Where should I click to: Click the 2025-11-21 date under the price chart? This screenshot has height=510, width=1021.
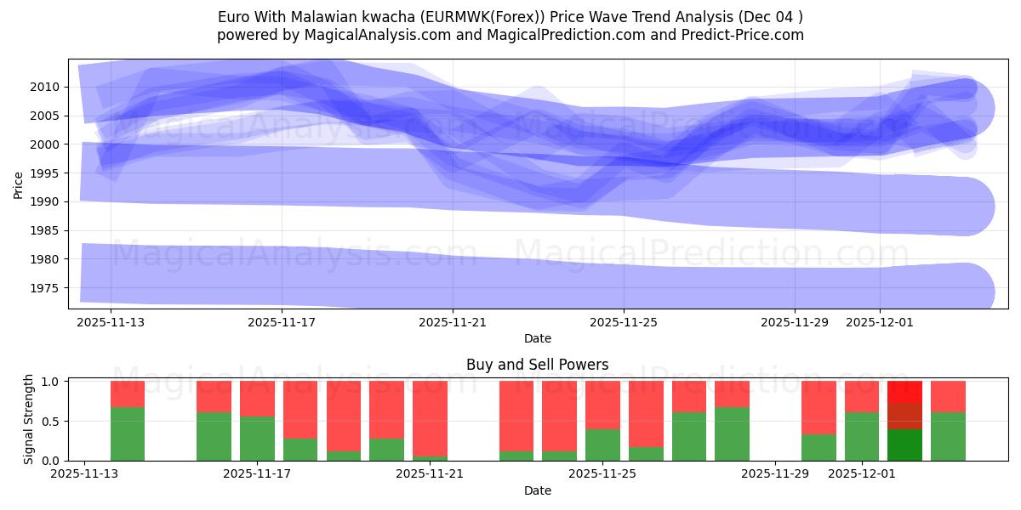453,322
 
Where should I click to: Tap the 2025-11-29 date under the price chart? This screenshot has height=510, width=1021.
794,322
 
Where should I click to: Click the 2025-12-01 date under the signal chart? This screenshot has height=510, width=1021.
862,474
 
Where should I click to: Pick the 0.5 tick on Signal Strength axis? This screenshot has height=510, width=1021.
50,421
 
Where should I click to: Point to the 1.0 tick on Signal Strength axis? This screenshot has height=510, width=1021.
50,382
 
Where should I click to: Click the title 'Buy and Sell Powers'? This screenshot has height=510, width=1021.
537,365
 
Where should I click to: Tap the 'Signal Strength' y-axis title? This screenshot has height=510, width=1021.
28,419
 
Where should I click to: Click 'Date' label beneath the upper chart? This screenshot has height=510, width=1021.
537,338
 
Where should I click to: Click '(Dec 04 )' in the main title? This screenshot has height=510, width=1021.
770,17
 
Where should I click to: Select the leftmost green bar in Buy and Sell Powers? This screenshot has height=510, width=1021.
128,433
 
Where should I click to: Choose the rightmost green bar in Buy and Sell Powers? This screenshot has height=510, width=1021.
948,436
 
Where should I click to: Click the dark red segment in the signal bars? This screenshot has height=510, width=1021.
904,416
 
